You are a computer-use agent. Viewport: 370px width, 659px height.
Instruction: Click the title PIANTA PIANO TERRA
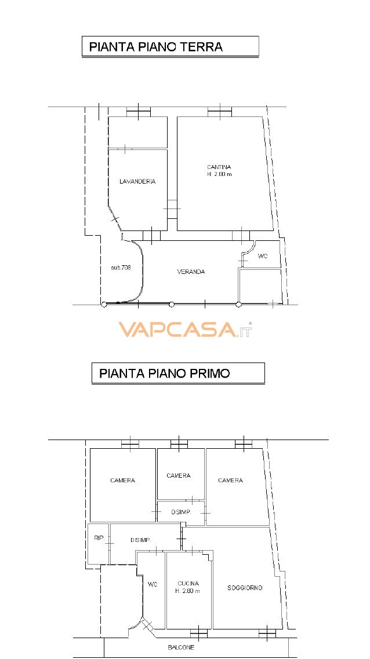click(x=156, y=47)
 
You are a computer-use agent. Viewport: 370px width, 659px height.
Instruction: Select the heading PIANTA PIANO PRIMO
click(x=165, y=373)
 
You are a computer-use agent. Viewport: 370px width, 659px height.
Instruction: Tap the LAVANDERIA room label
click(x=137, y=182)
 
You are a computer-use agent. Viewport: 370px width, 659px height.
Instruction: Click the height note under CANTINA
click(x=219, y=174)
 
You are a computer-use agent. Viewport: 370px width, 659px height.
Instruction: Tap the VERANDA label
click(x=191, y=272)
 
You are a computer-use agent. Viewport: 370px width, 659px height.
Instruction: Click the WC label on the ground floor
click(x=263, y=256)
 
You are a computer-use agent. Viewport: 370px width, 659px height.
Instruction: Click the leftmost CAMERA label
click(x=122, y=481)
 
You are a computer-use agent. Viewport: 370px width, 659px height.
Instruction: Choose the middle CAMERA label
click(x=179, y=476)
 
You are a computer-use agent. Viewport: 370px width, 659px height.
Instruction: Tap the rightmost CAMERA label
click(x=230, y=481)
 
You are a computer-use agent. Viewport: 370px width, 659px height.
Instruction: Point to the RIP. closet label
click(x=99, y=539)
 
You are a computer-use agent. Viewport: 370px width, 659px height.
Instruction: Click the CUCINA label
click(x=188, y=583)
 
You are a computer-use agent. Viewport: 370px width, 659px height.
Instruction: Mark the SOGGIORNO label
click(x=245, y=588)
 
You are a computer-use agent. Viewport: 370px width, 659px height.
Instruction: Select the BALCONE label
click(x=182, y=647)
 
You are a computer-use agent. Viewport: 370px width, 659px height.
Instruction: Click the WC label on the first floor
click(x=153, y=584)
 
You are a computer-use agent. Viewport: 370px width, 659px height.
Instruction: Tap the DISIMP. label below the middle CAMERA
click(x=180, y=512)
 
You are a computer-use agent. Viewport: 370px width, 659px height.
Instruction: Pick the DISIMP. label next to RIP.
click(x=141, y=540)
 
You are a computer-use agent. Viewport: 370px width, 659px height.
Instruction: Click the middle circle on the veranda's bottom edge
click(x=172, y=305)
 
